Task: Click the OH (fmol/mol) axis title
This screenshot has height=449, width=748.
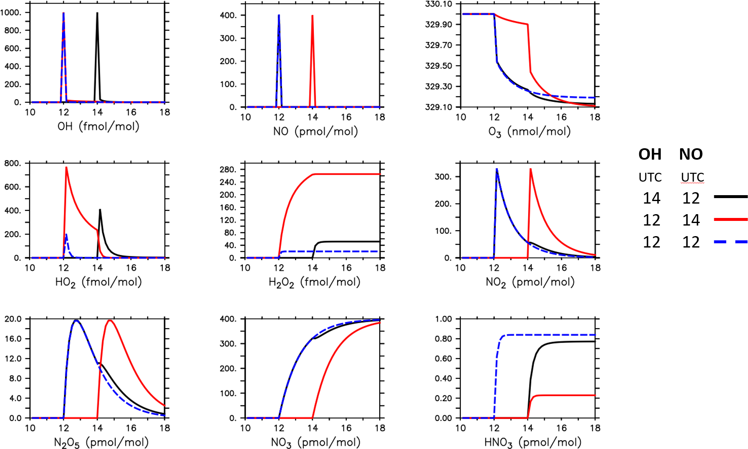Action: pyautogui.click(x=98, y=126)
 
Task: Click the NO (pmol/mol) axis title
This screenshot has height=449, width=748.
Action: pyautogui.click(x=315, y=131)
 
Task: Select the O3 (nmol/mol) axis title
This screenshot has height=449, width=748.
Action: pyautogui.click(x=529, y=132)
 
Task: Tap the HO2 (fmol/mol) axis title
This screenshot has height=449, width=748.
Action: pyautogui.click(x=98, y=282)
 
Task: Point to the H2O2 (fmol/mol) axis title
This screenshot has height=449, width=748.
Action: pyautogui.click(x=314, y=282)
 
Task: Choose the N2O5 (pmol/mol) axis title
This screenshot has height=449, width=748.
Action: pyautogui.click(x=101, y=442)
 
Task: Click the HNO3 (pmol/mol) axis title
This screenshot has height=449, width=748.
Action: pyautogui.click(x=532, y=442)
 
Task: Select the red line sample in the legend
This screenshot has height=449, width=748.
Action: pyautogui.click(x=730, y=219)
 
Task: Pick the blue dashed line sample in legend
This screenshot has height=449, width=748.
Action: pyautogui.click(x=730, y=242)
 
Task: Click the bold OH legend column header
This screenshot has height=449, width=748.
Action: pyautogui.click(x=650, y=155)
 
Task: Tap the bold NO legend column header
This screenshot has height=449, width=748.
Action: pyautogui.click(x=691, y=155)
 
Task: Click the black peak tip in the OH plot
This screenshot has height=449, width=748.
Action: pyautogui.click(x=97, y=13)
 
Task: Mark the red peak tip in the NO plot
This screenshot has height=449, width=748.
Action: pyautogui.click(x=312, y=16)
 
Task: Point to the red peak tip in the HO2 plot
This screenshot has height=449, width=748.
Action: pyautogui.click(x=66, y=167)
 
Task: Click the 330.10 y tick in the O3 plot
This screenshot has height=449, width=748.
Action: pyautogui.click(x=438, y=4)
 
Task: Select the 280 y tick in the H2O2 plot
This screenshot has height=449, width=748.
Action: pyautogui.click(x=227, y=170)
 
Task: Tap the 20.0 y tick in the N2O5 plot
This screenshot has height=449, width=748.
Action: pyautogui.click(x=13, y=319)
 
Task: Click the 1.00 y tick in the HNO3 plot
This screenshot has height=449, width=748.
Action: pyautogui.click(x=443, y=319)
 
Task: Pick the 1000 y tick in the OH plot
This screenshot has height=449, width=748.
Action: pyautogui.click(x=11, y=13)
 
